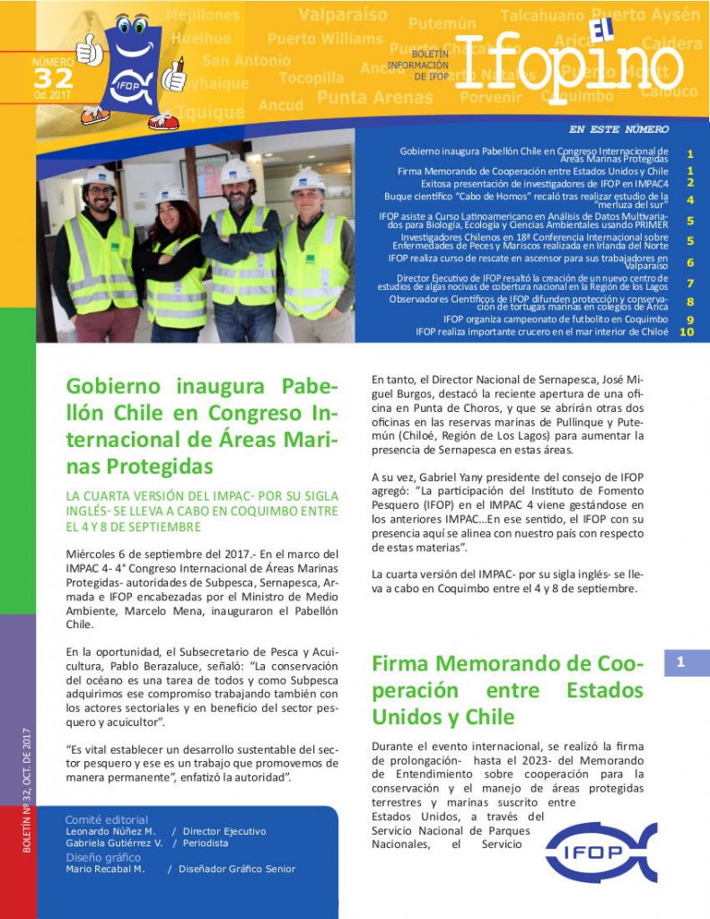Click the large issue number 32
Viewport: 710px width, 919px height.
[x=52, y=79]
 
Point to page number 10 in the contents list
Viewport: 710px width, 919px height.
[x=688, y=331]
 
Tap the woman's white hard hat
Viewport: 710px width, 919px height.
[x=171, y=193]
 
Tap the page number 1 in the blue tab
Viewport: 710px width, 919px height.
[x=681, y=662]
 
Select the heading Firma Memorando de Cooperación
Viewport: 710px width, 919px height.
[x=507, y=690]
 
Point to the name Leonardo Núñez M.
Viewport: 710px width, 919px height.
[x=111, y=831]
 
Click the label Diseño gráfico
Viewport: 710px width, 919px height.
[x=103, y=856]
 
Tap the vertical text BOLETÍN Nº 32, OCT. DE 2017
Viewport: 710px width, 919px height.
[x=27, y=790]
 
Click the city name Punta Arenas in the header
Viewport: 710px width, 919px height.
[x=375, y=97]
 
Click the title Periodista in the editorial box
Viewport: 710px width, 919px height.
[x=199, y=843]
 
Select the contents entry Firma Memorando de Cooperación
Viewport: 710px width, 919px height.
[x=532, y=171]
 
